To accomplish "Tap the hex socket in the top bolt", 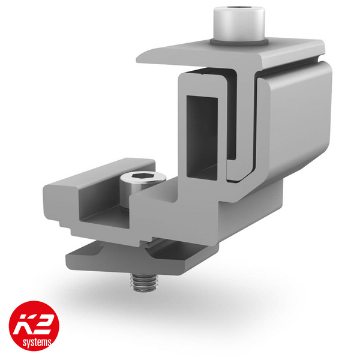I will point(239,12).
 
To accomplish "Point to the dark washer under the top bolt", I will point(239,41).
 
